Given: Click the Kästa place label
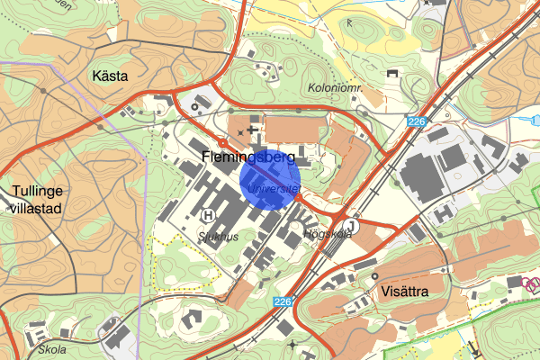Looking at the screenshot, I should coord(112,76).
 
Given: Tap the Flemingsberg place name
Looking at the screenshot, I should coord(243,159).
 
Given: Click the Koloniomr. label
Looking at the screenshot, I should coord(334,88).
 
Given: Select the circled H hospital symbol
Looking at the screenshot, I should coord(209,215).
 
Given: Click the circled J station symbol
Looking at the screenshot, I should coord(352,227).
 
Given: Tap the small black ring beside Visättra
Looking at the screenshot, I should coord(374,277).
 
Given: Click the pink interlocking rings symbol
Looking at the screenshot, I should coord(530,284).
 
